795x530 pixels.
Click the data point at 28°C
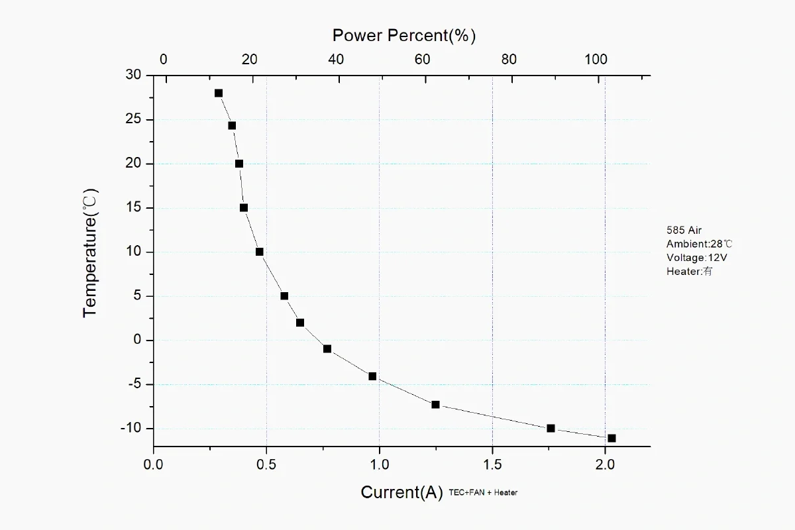click(219, 93)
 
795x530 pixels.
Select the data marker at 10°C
click(260, 252)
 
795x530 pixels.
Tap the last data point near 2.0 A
click(611, 438)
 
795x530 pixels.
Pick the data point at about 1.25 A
click(435, 404)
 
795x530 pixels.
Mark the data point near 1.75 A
click(551, 428)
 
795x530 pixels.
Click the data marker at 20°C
click(239, 164)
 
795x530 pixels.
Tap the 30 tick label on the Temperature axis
click(134, 76)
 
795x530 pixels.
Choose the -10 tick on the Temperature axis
click(131, 428)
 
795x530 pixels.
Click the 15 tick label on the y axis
click(134, 208)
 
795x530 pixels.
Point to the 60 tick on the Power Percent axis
click(423, 59)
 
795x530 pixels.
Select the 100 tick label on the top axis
click(596, 59)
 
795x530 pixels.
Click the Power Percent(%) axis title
click(404, 35)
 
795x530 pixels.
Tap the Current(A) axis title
click(401, 492)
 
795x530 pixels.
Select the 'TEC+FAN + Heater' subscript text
click(483, 492)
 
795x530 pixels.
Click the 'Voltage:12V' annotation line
click(692, 257)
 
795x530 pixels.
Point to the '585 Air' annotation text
click(684, 231)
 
